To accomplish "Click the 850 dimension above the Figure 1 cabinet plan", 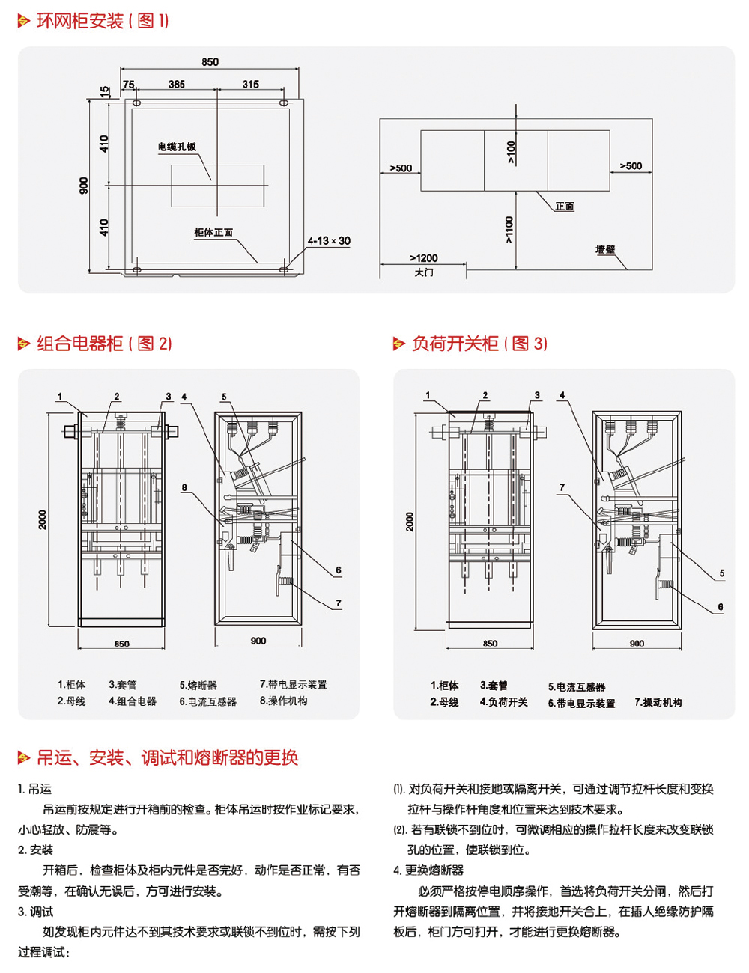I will pyautogui.click(x=210, y=62).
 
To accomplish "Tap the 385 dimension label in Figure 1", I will pyautogui.click(x=177, y=85).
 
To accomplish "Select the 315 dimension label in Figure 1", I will pyautogui.click(x=251, y=85).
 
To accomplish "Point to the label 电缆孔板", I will pyautogui.click(x=177, y=147).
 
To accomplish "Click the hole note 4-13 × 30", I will pyautogui.click(x=329, y=241).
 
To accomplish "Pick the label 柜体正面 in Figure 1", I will pyautogui.click(x=213, y=233).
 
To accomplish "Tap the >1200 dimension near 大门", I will pyautogui.click(x=424, y=258).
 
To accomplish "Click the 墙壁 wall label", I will pyautogui.click(x=605, y=249).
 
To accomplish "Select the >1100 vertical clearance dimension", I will pyautogui.click(x=509, y=230).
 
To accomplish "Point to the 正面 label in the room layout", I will pyautogui.click(x=565, y=206).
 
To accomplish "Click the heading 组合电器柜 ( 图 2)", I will pyautogui.click(x=104, y=344).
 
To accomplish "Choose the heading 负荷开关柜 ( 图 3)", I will pyautogui.click(x=479, y=344).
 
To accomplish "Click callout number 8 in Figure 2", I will pyautogui.click(x=184, y=488).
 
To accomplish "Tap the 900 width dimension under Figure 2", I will pyautogui.click(x=258, y=641).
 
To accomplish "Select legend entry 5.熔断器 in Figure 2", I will pyautogui.click(x=198, y=685).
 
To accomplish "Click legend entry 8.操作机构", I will pyautogui.click(x=283, y=701).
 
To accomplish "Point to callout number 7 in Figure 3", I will pyautogui.click(x=562, y=488).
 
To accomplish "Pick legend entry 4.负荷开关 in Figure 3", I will pyautogui.click(x=503, y=702).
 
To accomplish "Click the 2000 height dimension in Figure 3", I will pyautogui.click(x=410, y=522).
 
